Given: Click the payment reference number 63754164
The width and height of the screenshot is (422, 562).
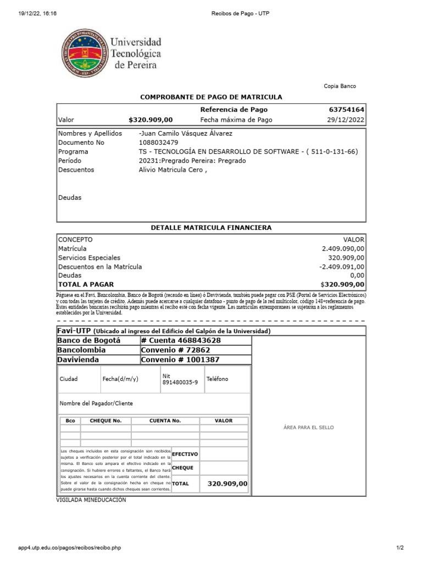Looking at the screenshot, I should tap(347, 110).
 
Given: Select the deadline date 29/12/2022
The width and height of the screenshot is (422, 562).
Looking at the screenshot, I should tap(346, 120).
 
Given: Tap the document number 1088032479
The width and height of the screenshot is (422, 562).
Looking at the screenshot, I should tap(159, 143).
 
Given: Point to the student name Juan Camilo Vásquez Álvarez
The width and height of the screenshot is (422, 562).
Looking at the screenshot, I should tap(186, 134).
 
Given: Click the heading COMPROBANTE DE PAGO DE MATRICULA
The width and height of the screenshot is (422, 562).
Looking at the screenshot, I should tap(211, 97).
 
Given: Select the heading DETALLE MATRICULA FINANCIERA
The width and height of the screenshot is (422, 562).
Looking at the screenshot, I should tap(211, 228).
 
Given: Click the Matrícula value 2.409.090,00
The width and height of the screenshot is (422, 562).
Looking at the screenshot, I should tap(343, 249).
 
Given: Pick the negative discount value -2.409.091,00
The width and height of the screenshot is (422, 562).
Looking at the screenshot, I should tap(341, 267).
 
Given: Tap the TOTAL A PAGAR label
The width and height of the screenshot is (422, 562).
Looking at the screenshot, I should tap(86, 284).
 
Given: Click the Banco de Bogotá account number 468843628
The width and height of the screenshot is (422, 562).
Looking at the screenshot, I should tap(181, 341).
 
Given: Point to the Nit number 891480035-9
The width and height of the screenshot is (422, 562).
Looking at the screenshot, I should tap(180, 383).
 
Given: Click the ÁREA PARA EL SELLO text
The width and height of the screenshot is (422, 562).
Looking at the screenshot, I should tap(308, 428).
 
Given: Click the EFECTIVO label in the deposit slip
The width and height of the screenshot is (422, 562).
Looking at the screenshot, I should tap(185, 455).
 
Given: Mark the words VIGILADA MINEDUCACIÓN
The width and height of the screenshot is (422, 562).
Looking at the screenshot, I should tap(91, 500).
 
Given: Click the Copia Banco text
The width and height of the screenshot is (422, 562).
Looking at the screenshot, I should tap(339, 86).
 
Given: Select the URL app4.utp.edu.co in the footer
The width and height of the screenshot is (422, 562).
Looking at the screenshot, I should tap(70, 548).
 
